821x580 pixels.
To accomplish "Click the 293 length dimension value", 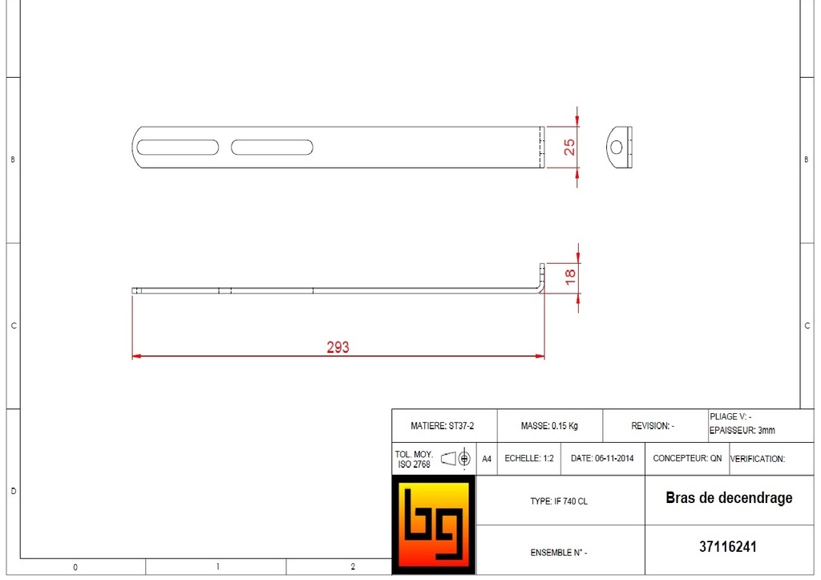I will pos(338,347).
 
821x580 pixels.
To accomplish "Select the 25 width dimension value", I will pos(569,147).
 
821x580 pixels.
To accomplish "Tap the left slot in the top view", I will pos(177,148).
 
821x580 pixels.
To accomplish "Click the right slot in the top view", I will pos(272,148).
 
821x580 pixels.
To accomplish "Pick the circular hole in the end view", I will pos(617,147).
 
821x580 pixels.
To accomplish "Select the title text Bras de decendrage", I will pos(729,498).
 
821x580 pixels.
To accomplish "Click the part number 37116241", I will pos(728,547).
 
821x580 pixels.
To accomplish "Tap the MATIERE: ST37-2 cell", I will pos(443,426).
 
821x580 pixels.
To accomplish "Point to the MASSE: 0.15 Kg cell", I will pos(549,426).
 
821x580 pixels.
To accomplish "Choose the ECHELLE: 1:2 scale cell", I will pos(529,459).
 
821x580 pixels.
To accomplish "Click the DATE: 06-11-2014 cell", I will pos(602,459).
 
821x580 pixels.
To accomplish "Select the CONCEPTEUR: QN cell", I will pos(687,459).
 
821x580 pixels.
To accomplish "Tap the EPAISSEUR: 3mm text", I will pos(742,431).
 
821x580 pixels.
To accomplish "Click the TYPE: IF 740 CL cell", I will pos(559,501).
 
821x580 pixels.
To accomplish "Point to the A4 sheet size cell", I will pos(486,459).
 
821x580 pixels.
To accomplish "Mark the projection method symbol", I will pos(455,459).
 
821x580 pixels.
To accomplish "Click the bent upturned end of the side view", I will pos(542,278).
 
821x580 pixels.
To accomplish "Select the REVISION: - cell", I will pos(653,426).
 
